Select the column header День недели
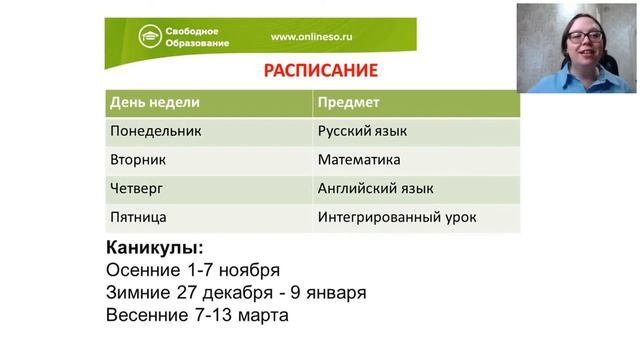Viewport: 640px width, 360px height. coord(155,103)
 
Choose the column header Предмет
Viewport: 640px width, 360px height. coord(348,103)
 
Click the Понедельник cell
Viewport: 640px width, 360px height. coord(156,131)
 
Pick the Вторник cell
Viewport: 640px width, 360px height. coord(138,159)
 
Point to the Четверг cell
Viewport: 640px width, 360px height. coord(136,188)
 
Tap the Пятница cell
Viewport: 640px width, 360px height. coord(138,216)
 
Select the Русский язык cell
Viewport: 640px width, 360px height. coord(362,131)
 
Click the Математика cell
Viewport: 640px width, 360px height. coord(359,159)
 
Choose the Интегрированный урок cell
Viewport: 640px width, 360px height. coord(397,216)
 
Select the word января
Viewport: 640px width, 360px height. coord(333,293)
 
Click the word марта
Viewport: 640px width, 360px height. coord(264,316)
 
